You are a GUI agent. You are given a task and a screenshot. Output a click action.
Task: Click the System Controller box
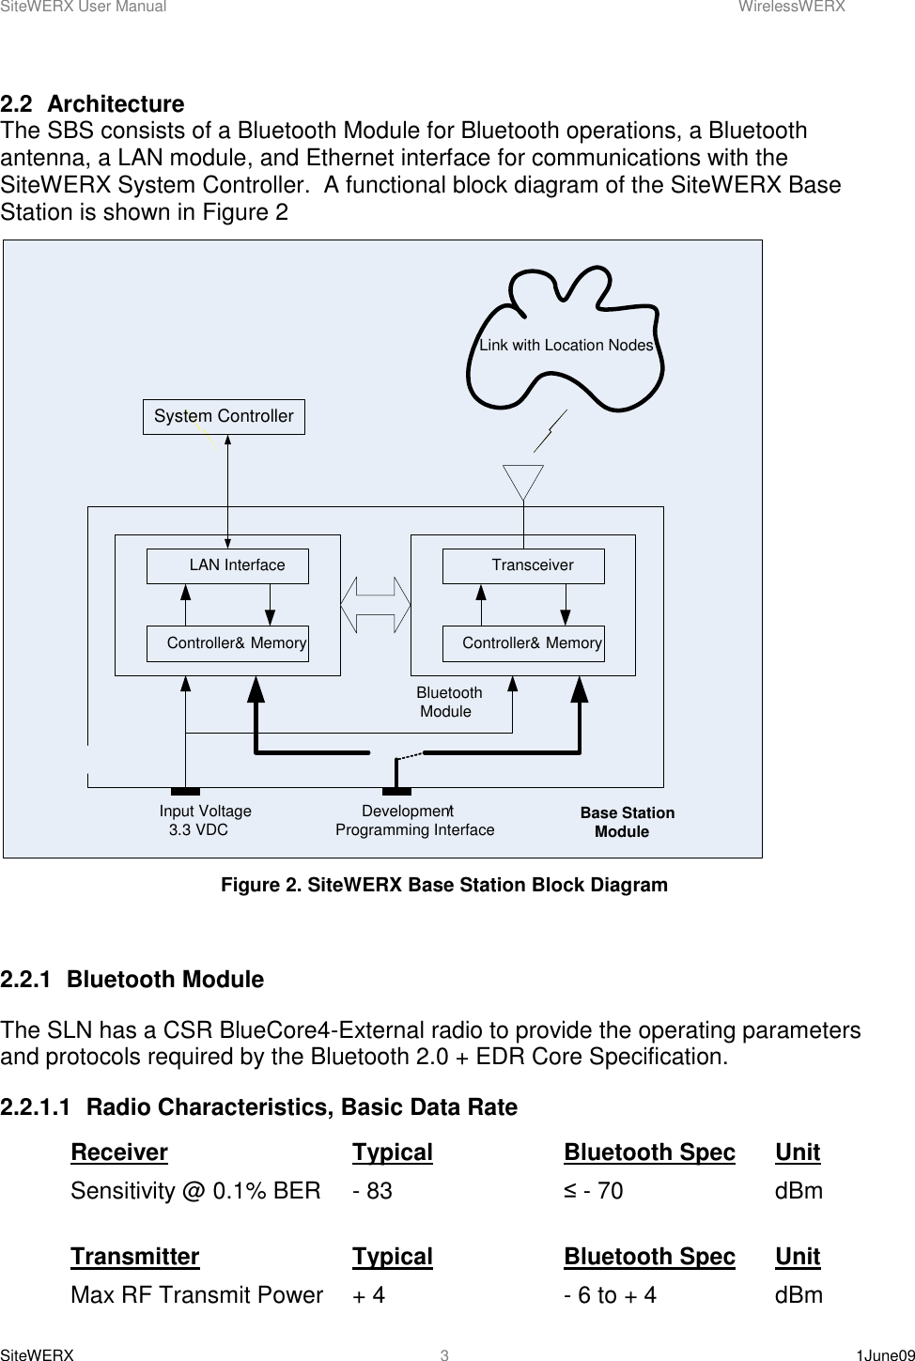[x=224, y=416]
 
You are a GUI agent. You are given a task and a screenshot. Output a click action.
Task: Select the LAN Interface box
[x=227, y=565]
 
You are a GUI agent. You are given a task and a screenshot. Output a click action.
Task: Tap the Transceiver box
[x=523, y=565]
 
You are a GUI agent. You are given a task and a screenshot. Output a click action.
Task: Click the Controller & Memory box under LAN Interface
[x=227, y=643]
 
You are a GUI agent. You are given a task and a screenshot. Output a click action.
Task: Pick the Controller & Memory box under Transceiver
[x=523, y=643]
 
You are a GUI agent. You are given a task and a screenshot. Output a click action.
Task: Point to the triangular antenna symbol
[x=523, y=481]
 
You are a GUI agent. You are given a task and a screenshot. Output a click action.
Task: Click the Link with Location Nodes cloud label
[x=566, y=346]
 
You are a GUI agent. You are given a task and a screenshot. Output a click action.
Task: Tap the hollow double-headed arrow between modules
[x=376, y=604]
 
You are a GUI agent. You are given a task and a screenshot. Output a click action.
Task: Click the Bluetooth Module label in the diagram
[x=448, y=702]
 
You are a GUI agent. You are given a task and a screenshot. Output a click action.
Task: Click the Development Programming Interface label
[x=414, y=820]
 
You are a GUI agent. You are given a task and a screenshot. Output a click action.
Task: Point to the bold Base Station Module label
[x=626, y=822]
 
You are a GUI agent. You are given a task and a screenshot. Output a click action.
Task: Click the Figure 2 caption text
[x=443, y=885]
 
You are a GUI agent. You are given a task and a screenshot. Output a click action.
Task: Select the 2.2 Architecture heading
[x=92, y=103]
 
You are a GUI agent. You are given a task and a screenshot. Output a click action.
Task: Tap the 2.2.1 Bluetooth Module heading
[x=132, y=980]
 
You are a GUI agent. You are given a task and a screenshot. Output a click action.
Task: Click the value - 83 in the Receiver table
[x=372, y=1191]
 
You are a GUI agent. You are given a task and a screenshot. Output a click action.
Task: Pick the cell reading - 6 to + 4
[x=610, y=1295]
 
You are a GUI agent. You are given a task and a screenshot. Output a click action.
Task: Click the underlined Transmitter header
[x=134, y=1257]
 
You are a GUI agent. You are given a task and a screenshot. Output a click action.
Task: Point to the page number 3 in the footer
[x=445, y=1355]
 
